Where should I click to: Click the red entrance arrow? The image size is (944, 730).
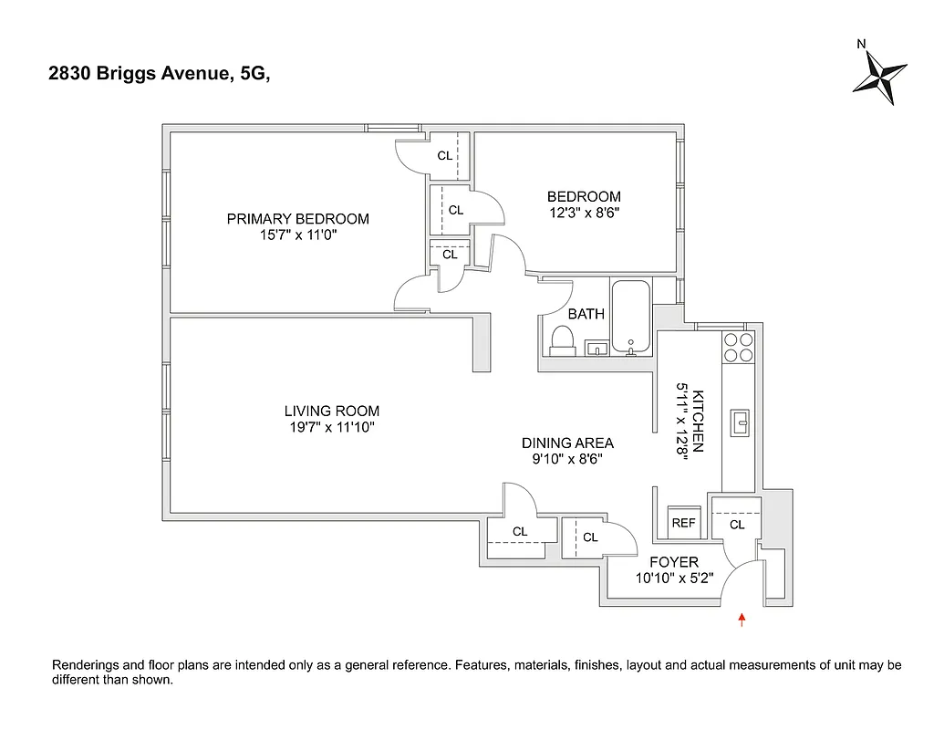click(x=742, y=620)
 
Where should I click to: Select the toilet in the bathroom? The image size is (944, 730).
click(x=561, y=341)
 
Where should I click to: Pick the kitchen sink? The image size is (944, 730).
click(x=740, y=421)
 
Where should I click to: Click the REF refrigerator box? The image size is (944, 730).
click(x=683, y=523)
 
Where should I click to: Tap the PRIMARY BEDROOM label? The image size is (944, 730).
click(x=297, y=219)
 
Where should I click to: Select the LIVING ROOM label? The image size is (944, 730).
click(x=331, y=412)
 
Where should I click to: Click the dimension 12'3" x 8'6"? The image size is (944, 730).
click(x=584, y=213)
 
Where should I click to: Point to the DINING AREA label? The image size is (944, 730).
click(x=567, y=443)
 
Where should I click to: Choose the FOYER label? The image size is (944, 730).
click(x=673, y=562)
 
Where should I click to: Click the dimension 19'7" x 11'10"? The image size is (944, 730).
click(x=331, y=427)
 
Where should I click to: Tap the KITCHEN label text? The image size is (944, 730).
click(x=699, y=421)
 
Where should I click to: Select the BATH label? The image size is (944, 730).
click(x=586, y=314)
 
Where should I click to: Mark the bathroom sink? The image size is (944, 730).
click(x=597, y=348)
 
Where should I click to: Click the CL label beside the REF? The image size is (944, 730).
click(x=736, y=525)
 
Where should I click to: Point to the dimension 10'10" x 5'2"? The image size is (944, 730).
click(x=673, y=578)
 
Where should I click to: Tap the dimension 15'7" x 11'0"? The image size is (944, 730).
click(x=297, y=235)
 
